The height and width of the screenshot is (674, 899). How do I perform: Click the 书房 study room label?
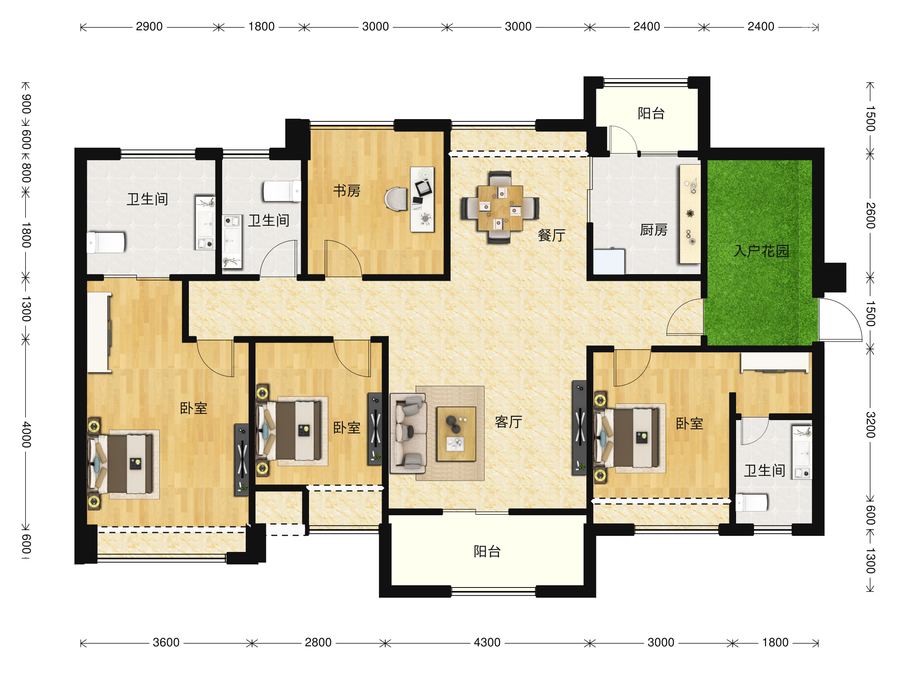[346, 191]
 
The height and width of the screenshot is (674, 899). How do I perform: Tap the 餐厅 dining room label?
[551, 235]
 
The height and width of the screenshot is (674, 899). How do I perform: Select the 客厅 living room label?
[508, 422]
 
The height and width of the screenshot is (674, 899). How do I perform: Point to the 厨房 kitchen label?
[654, 230]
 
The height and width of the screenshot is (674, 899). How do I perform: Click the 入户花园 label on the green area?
[761, 251]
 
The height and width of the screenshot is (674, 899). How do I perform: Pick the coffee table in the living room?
[456, 434]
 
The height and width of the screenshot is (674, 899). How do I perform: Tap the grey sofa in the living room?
[408, 434]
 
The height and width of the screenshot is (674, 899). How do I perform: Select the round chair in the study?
[396, 199]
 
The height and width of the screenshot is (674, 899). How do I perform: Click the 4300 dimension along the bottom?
[487, 642]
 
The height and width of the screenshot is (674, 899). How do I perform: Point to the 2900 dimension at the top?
[149, 27]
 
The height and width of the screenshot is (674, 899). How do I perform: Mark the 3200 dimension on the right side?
[870, 425]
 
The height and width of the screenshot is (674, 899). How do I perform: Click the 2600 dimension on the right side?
[870, 215]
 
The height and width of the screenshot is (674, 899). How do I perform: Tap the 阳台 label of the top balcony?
[651, 113]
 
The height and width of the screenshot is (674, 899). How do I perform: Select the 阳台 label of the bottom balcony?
[487, 551]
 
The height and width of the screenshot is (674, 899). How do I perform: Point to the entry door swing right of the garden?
[840, 320]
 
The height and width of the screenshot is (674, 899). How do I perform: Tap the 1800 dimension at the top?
[261, 27]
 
